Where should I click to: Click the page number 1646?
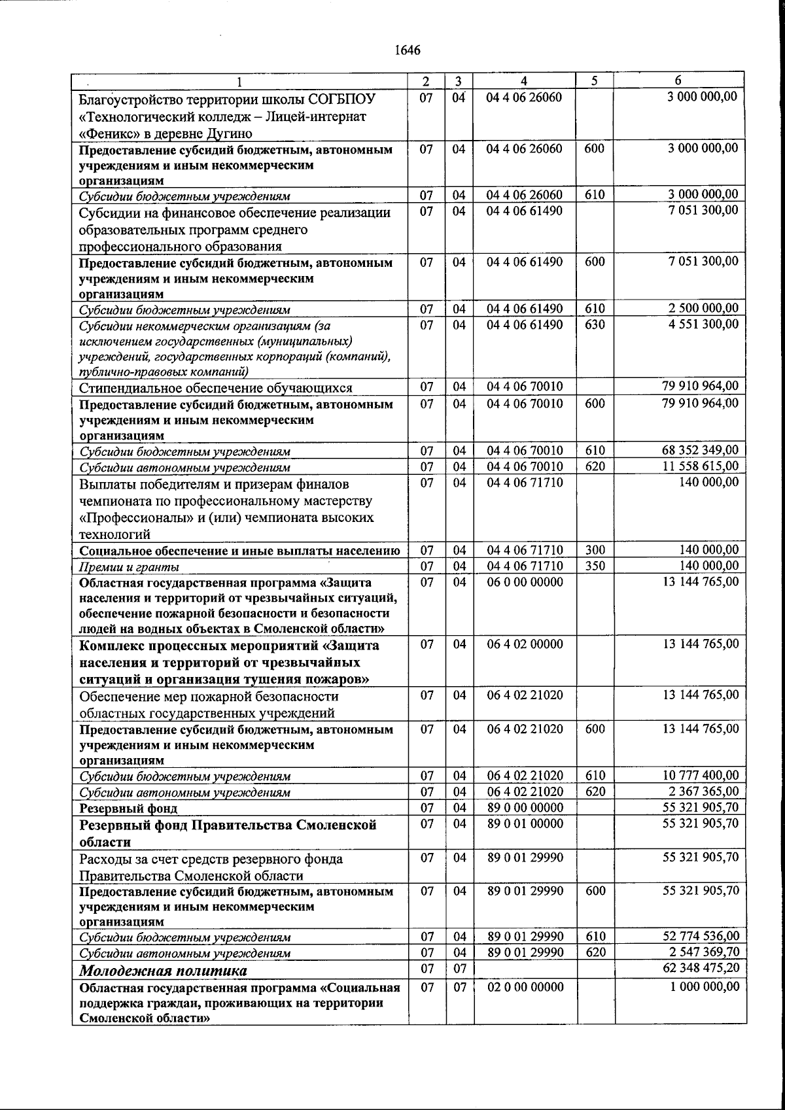[x=407, y=50]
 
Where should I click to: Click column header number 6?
[x=678, y=80]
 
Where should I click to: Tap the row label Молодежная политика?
[x=164, y=970]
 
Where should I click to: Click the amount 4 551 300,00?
[x=703, y=324]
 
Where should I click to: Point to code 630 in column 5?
[x=595, y=324]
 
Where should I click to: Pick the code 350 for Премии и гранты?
[x=595, y=565]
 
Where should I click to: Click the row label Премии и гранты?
[x=130, y=566]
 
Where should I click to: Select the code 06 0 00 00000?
[x=525, y=581]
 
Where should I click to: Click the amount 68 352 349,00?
[x=701, y=450]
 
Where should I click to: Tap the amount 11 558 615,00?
[x=701, y=466]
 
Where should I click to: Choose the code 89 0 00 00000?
[x=525, y=807]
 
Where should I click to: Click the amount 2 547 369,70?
[x=702, y=952]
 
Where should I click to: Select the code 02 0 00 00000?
[x=525, y=986]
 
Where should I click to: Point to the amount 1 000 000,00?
[x=705, y=986]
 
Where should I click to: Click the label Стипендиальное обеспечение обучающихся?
[x=215, y=388]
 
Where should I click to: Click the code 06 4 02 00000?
[x=525, y=644]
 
